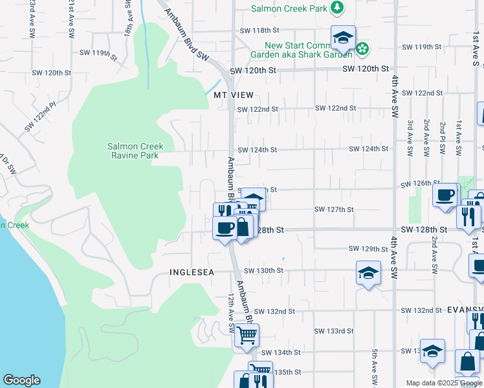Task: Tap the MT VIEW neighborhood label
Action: tap(234, 94)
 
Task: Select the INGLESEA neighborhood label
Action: tap(192, 272)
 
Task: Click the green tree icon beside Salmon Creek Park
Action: tap(336, 7)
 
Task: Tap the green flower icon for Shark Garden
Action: tap(362, 48)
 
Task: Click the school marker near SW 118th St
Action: tap(343, 38)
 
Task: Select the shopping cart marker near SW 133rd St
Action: tap(247, 335)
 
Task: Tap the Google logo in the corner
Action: tap(21, 380)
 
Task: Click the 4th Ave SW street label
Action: tap(394, 96)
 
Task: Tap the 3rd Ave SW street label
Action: tap(410, 138)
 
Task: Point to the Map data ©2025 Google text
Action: tap(443, 383)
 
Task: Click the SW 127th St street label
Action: tap(334, 210)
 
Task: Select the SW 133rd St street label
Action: tap(334, 331)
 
